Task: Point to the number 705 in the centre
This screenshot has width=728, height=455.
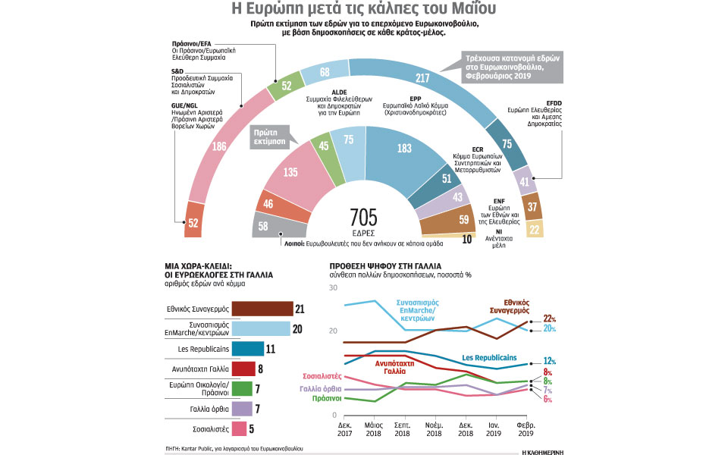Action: point(363,215)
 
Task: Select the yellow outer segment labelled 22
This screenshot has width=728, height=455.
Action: point(534,228)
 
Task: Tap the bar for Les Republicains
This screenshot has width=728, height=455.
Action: point(247,349)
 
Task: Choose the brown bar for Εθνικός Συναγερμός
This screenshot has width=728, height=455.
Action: point(262,309)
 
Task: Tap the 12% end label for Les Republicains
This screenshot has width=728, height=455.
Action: point(550,361)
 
